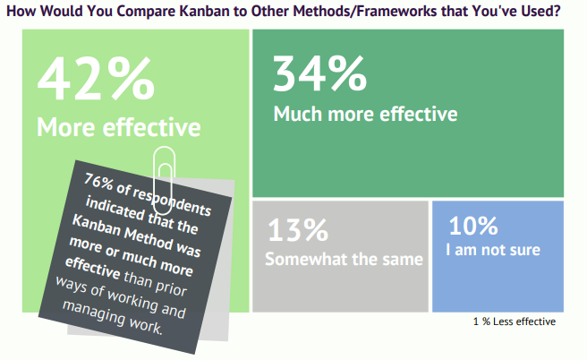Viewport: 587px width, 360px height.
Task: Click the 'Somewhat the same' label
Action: click(x=344, y=260)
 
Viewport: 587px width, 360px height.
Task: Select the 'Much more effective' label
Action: click(x=365, y=115)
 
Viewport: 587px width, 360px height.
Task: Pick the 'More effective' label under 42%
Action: click(x=118, y=127)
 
